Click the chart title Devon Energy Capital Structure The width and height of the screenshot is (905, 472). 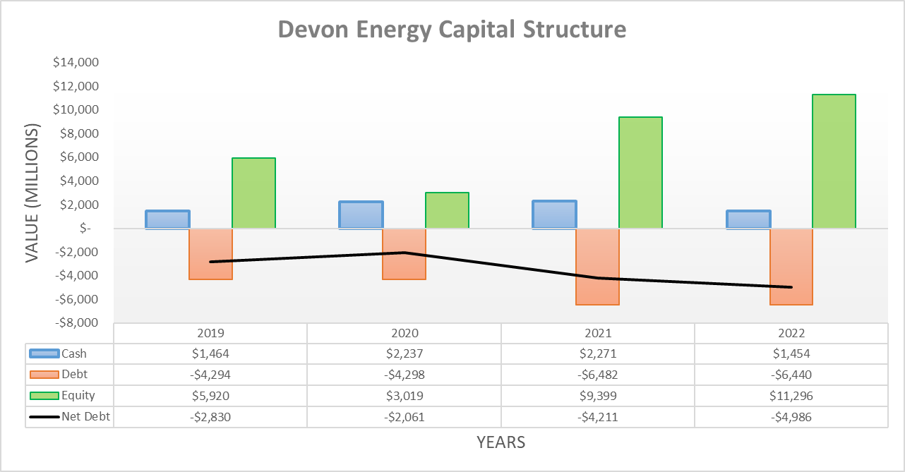point(452,30)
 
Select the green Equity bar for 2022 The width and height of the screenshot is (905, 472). point(834,161)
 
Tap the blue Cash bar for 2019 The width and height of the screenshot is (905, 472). point(167,219)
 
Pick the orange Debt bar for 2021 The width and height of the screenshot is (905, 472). point(597,266)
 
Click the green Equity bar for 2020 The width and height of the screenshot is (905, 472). point(447,210)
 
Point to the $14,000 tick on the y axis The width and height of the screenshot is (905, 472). point(76,62)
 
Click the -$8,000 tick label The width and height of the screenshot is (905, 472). point(76,323)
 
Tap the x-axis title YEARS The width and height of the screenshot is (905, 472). point(501,442)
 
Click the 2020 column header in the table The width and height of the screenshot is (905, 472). point(404,333)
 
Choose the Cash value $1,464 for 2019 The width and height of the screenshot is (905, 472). point(211,353)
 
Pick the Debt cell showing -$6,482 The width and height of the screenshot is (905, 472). point(598,375)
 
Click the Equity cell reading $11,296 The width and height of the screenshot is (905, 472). point(791,396)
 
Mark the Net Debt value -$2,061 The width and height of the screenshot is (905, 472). point(404,416)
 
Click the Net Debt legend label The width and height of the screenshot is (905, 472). point(85,416)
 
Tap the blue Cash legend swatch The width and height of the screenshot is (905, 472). point(44,353)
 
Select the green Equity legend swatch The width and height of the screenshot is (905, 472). point(44,396)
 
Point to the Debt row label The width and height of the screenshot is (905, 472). point(75,375)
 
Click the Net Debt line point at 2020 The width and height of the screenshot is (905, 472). point(404,253)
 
